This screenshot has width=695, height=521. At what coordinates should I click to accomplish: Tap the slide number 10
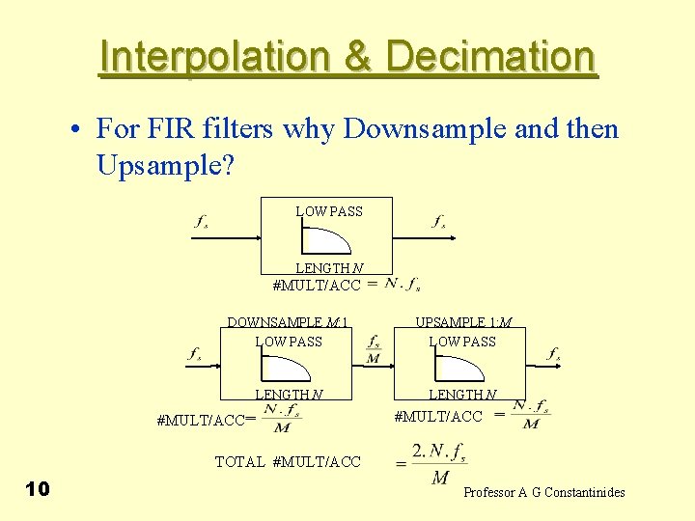pos(37,489)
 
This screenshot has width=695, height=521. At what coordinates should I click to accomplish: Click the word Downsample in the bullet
pos(426,128)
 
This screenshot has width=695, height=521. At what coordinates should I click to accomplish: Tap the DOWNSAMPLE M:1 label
pos(287,323)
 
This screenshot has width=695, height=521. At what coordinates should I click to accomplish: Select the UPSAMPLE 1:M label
pos(462,323)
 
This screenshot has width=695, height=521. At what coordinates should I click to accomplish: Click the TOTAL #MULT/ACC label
pos(287,461)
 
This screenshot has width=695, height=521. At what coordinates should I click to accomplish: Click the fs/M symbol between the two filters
pos(374,349)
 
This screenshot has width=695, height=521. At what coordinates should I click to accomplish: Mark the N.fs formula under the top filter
pos(401,284)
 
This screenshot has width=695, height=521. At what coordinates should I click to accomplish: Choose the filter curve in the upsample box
pos(461,367)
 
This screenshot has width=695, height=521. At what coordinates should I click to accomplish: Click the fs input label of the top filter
pos(201,222)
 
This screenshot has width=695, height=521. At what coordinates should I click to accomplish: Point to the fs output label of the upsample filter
pos(553,355)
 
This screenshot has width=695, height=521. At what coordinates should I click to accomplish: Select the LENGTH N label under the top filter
pos(329,267)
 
